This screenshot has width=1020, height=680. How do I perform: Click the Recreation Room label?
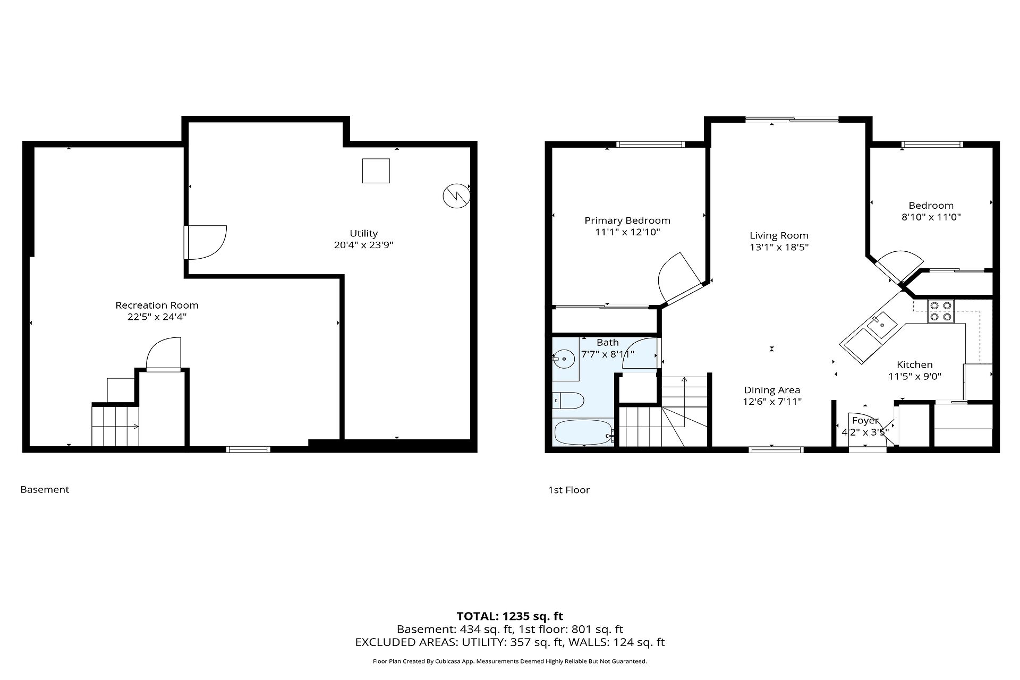(157, 305)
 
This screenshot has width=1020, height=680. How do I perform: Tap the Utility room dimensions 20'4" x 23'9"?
(364, 245)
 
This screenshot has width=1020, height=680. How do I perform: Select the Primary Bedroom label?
(627, 220)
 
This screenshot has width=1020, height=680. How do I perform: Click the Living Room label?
(779, 235)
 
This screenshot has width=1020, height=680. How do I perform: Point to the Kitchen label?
(915, 364)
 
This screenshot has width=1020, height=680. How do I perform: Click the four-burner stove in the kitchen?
(941, 311)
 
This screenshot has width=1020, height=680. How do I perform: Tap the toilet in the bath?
(568, 400)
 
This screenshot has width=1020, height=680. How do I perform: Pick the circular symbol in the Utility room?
(456, 196)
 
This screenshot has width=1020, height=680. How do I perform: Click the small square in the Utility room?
(376, 171)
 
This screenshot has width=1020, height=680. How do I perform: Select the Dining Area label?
(772, 390)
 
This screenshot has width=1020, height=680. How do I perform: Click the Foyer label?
(865, 421)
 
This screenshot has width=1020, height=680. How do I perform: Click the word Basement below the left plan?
(45, 490)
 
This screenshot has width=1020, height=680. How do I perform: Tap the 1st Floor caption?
(569, 490)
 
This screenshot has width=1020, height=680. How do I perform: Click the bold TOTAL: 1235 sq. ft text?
(510, 616)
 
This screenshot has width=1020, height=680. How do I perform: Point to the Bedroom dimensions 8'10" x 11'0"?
(931, 217)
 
